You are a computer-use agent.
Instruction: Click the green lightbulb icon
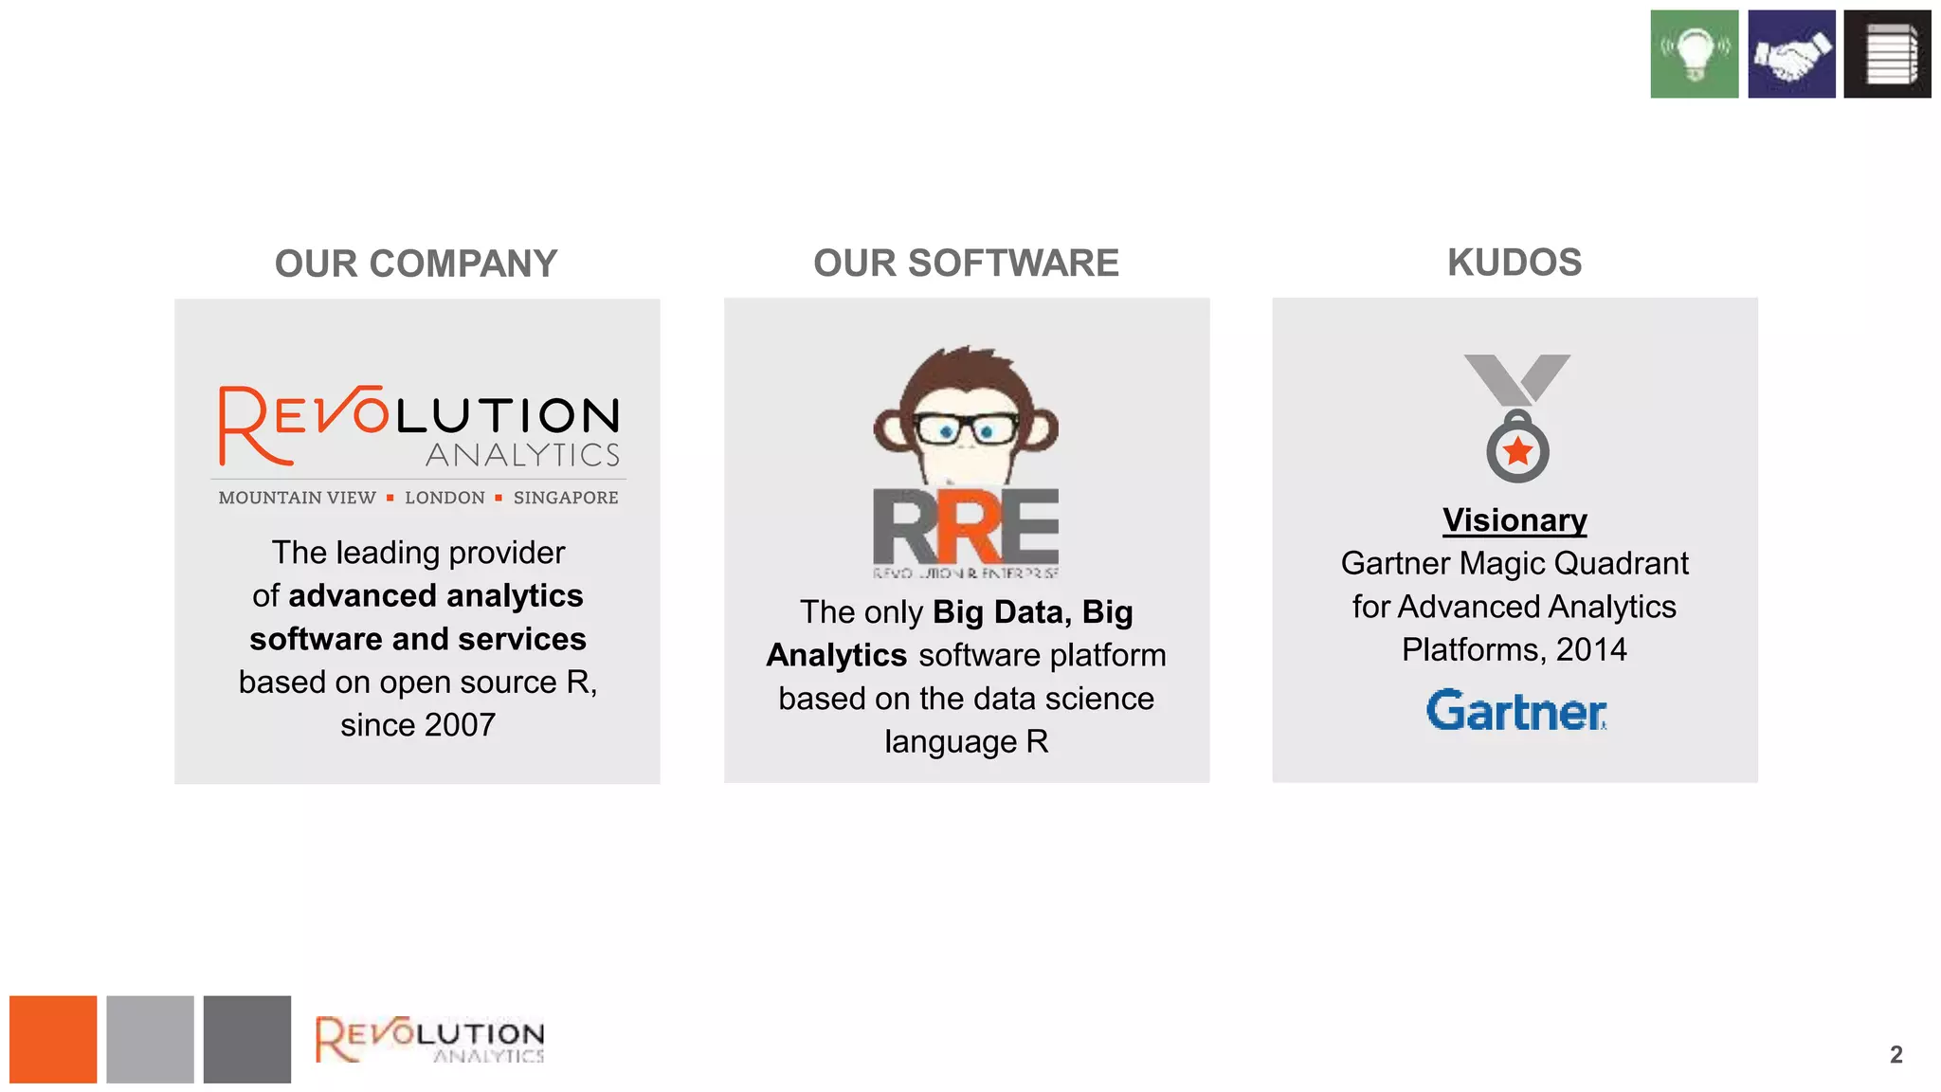(x=1694, y=54)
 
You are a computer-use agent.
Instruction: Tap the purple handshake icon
(x=1791, y=54)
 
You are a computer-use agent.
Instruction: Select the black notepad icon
(x=1887, y=54)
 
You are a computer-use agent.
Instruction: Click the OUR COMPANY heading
(x=416, y=264)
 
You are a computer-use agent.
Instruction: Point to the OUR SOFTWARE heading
(x=966, y=263)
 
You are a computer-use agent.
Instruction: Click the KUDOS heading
(x=1515, y=263)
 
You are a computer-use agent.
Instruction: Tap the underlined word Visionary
(x=1515, y=520)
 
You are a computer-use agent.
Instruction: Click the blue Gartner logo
(x=1515, y=711)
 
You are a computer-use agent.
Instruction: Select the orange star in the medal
(x=1518, y=451)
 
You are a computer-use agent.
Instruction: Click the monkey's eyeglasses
(x=967, y=430)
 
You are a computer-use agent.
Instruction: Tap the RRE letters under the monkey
(x=965, y=527)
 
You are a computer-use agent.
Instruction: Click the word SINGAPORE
(x=566, y=498)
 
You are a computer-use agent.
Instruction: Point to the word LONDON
(x=444, y=498)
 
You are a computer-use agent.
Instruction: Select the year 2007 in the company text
(x=459, y=725)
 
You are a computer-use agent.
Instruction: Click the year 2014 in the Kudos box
(x=1591, y=649)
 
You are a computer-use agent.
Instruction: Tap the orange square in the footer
(x=53, y=1039)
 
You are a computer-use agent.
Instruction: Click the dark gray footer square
(x=246, y=1039)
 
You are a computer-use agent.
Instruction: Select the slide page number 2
(x=1896, y=1055)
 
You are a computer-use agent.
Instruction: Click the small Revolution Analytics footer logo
(x=430, y=1040)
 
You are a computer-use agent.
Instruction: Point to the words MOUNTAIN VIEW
(x=297, y=498)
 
